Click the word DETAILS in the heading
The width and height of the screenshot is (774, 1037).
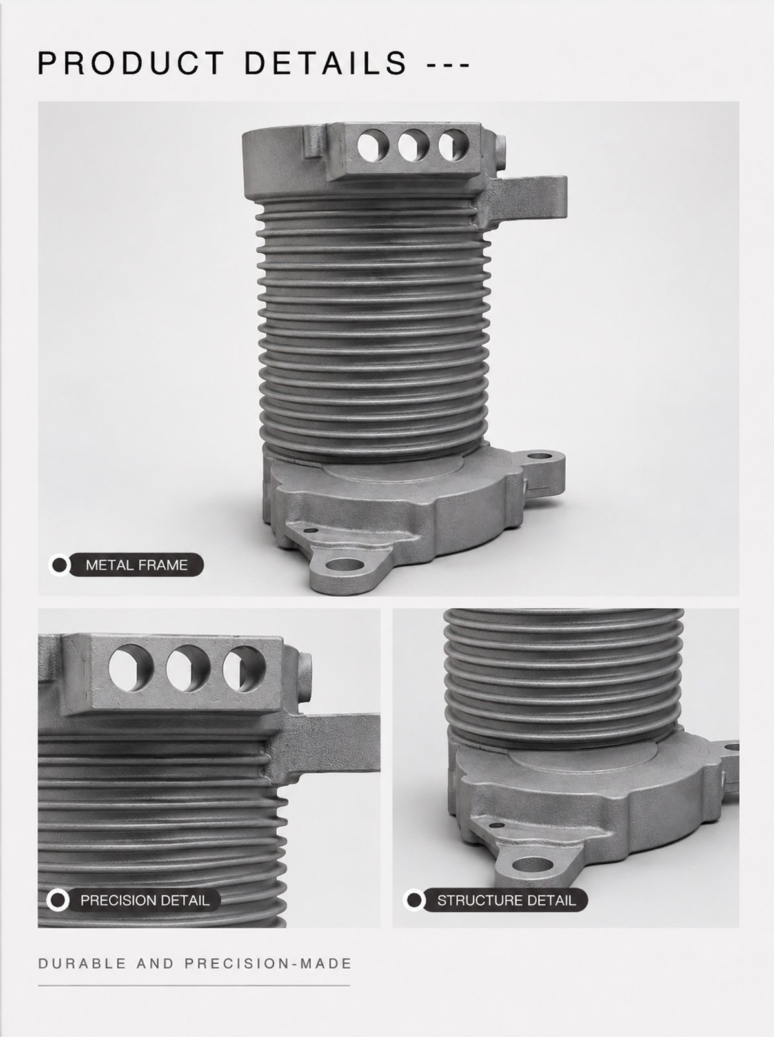click(325, 63)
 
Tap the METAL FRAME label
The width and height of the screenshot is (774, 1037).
click(137, 564)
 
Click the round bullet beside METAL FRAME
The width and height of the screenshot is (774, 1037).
click(59, 564)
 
